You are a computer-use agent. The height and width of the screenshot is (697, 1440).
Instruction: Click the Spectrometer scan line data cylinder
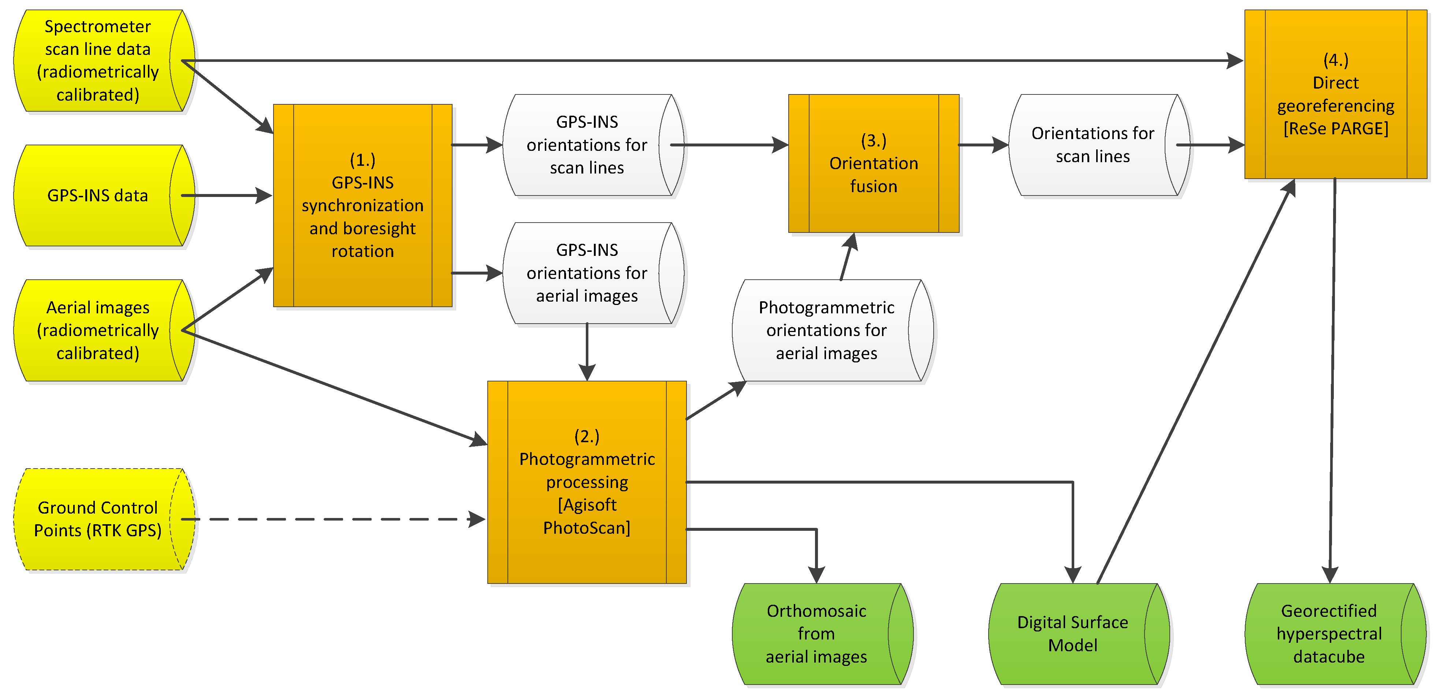click(98, 60)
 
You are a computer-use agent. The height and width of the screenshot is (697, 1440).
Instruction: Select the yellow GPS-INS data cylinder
click(98, 195)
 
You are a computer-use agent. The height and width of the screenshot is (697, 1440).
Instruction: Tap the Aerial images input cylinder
click(98, 330)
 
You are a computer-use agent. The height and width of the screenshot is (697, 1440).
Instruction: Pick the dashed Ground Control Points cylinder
click(98, 519)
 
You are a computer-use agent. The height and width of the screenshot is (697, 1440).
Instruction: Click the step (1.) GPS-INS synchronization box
click(362, 205)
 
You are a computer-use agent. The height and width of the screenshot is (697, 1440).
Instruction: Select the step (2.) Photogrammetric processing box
click(587, 482)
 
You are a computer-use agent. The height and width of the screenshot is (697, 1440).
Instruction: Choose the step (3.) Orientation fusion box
click(873, 163)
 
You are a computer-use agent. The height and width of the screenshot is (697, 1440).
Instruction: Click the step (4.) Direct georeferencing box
click(1335, 94)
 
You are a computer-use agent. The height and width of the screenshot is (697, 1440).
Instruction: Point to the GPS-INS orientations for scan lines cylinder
click(587, 145)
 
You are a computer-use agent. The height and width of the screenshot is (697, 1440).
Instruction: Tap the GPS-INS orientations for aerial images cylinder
click(587, 273)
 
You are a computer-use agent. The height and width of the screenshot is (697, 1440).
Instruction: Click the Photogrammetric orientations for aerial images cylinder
click(826, 330)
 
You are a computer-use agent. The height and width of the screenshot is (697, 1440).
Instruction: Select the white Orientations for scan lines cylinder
click(1092, 145)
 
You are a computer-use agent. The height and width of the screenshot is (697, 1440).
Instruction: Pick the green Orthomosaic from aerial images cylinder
click(816, 634)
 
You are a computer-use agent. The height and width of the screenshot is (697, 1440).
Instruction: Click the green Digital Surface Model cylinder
click(1072, 634)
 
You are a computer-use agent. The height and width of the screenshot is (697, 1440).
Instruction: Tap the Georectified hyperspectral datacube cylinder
click(1328, 634)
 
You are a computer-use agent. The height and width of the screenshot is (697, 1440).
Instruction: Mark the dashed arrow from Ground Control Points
click(335, 519)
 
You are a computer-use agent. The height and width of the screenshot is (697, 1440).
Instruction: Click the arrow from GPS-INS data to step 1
click(226, 195)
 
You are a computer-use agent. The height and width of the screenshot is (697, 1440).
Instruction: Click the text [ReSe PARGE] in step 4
click(1335, 128)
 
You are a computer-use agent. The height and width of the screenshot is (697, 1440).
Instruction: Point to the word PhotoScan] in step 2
click(587, 528)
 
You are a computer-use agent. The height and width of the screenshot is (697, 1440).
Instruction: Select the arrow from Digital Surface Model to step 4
click(1196, 380)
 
